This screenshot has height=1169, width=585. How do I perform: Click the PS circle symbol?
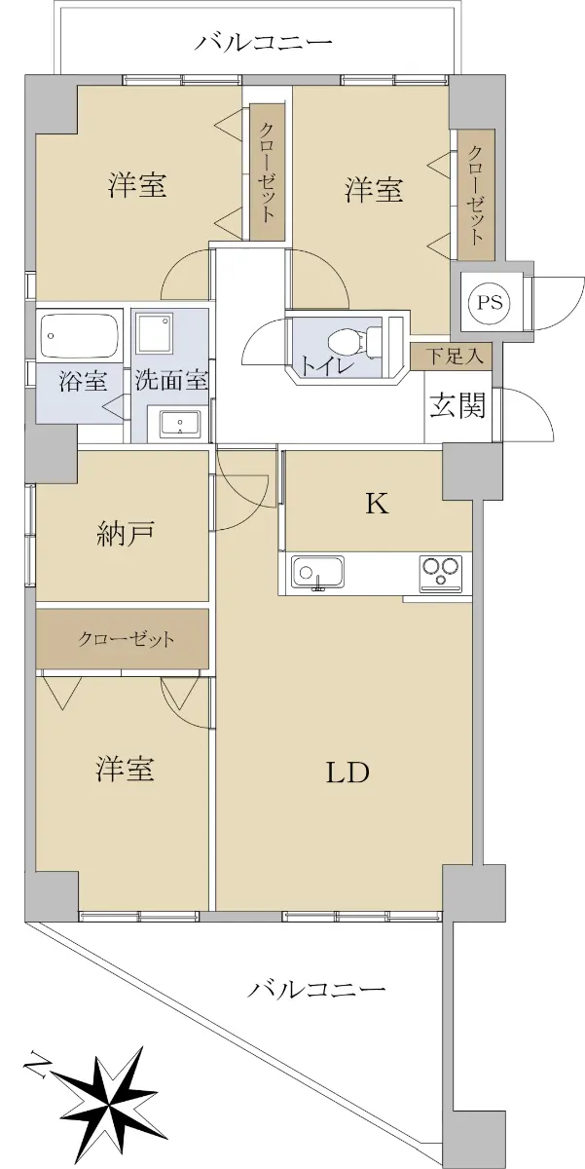click(x=491, y=303)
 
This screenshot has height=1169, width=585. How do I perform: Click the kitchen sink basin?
click(x=318, y=573)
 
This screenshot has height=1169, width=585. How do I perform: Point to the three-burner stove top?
click(x=441, y=574)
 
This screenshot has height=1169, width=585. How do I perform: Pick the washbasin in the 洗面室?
click(x=180, y=423)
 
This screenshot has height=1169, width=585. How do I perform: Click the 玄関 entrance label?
click(x=457, y=405)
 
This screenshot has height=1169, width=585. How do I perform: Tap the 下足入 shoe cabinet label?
click(x=452, y=357)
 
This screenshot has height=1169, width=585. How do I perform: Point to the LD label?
click(x=347, y=773)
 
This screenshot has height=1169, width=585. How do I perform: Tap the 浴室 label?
click(x=83, y=382)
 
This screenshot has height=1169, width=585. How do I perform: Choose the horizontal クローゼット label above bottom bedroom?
click(x=126, y=639)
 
